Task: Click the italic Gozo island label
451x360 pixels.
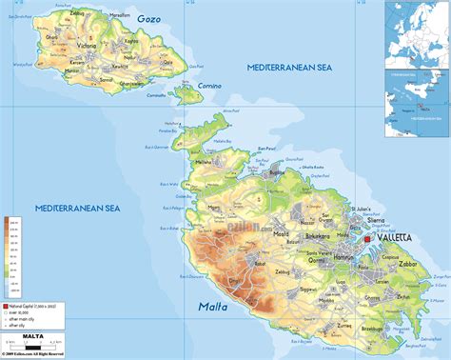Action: pyautogui.click(x=148, y=18)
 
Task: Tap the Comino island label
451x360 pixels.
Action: pyautogui.click(x=209, y=86)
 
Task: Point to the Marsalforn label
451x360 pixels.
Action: pyautogui.click(x=119, y=16)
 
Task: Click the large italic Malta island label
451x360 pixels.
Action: pyautogui.click(x=217, y=307)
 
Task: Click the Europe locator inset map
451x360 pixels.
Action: pyautogui.click(x=417, y=30)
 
